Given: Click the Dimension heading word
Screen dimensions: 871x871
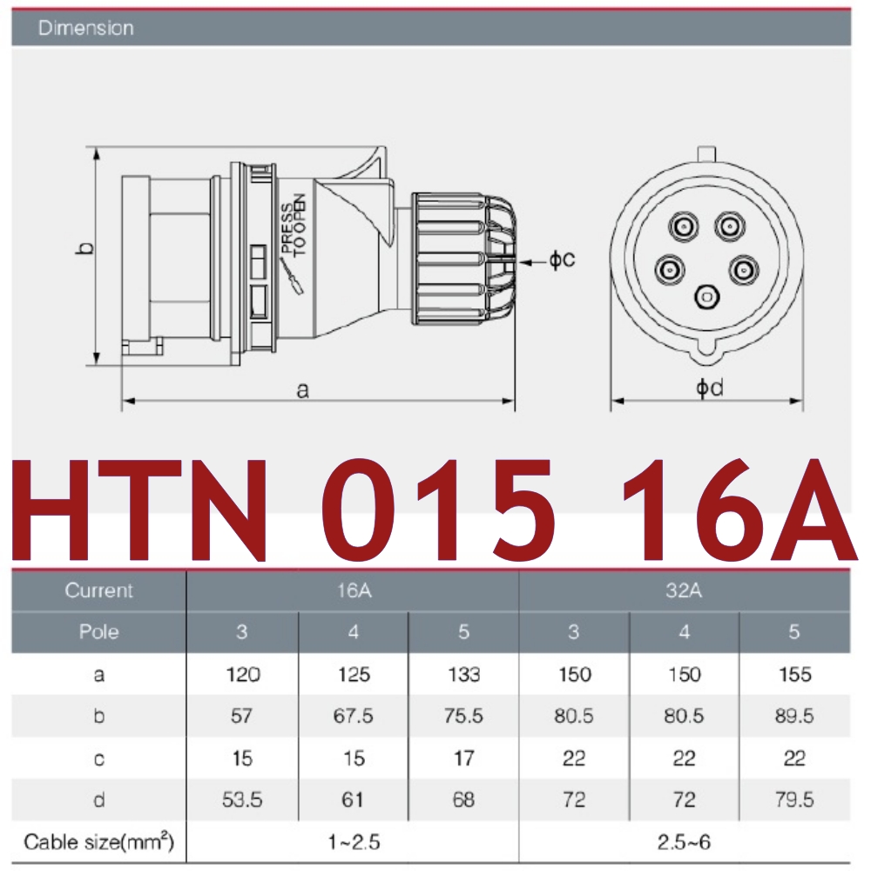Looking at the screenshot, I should [x=86, y=28].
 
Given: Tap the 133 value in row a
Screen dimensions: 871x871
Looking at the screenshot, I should [x=463, y=674].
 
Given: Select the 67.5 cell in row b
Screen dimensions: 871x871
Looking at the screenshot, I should [x=353, y=716].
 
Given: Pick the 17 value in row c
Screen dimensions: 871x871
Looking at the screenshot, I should [x=463, y=758].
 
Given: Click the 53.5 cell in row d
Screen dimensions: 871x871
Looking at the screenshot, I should [x=241, y=799].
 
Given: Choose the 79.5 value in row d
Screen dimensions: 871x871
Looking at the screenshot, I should [x=793, y=799].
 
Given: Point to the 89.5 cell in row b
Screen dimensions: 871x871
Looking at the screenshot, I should [x=793, y=716].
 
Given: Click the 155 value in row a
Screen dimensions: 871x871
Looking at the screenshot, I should [x=793, y=674].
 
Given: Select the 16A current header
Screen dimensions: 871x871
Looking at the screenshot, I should [x=353, y=591].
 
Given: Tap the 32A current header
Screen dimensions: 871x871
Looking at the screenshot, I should [x=684, y=591].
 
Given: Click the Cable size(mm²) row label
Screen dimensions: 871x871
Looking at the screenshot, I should [x=98, y=842].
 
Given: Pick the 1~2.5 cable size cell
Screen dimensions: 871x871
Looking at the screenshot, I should [x=353, y=842].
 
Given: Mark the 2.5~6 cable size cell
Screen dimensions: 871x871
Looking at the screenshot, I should [x=684, y=842].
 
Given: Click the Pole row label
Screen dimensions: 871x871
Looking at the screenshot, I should [x=98, y=632].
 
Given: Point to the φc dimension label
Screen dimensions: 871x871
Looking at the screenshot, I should [x=561, y=259].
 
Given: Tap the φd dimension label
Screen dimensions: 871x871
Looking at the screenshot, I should [x=709, y=388].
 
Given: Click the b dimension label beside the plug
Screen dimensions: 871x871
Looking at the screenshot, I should [x=84, y=249].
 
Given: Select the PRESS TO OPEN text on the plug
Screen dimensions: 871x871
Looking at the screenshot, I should [x=294, y=224].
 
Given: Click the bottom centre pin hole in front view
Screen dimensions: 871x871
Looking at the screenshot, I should [x=706, y=297].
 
